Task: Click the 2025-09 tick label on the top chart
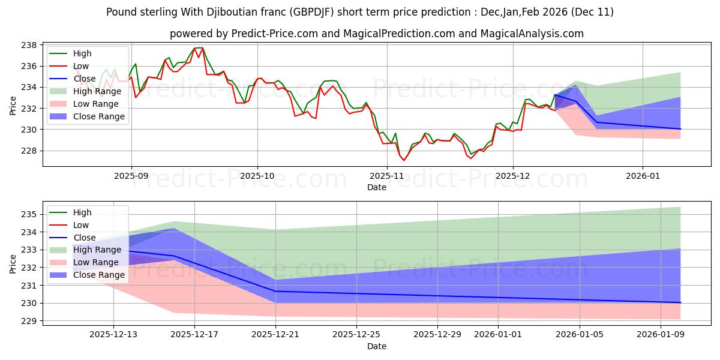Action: point(131,176)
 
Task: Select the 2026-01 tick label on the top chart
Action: point(643,176)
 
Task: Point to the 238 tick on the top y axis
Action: point(29,45)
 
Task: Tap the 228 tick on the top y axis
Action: point(29,151)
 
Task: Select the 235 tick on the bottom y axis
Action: point(29,214)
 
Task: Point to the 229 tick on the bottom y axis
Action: point(29,321)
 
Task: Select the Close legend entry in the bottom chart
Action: point(84,238)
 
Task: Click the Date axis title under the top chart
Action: point(376,187)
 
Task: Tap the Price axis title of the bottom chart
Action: point(13,263)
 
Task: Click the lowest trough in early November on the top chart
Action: point(403,160)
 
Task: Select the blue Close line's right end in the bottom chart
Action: point(680,302)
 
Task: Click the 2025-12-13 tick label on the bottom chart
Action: point(113,335)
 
